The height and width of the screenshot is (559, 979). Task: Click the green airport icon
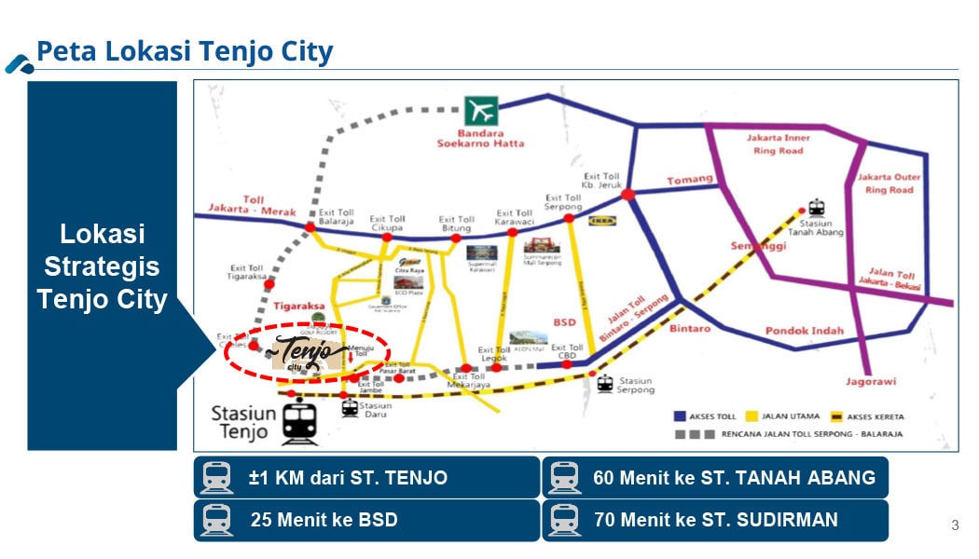tap(482, 111)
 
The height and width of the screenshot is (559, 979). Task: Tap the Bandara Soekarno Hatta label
tap(482, 137)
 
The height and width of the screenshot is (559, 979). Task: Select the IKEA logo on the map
tap(600, 222)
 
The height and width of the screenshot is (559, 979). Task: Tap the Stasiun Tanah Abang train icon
tap(817, 207)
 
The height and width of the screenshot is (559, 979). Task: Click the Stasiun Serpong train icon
tap(605, 382)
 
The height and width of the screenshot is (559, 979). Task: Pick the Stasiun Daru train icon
tap(350, 407)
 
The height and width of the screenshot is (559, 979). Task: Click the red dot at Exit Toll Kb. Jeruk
tap(628, 194)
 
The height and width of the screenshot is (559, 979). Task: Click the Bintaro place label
tap(690, 328)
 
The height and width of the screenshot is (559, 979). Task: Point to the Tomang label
tap(689, 180)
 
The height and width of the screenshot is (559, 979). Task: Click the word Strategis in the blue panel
tap(102, 266)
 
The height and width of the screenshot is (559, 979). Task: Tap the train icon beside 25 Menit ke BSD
tap(216, 520)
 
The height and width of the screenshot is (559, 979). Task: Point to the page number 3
tap(955, 525)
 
